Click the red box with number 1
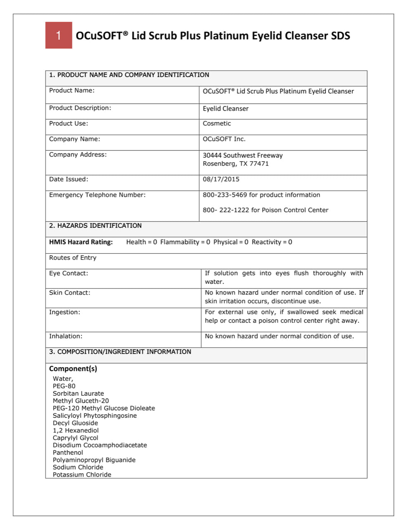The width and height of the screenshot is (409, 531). coord(59,35)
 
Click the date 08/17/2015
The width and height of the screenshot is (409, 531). coord(221,179)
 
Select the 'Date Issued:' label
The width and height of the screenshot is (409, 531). coord(69,179)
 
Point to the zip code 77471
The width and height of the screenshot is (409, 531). coord(259,164)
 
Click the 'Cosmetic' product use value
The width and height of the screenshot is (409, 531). coord(216,124)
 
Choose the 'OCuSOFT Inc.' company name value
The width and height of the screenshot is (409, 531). coord(224,139)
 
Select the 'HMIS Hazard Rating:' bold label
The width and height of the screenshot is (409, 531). coord(81,242)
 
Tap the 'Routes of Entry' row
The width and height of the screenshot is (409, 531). coord(73,258)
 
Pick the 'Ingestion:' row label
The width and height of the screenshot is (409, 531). coord(65,312)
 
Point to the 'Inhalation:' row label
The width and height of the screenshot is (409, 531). coord(66,336)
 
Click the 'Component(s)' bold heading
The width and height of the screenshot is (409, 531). coord(73,369)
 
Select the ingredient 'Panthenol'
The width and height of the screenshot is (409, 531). coord(68,452)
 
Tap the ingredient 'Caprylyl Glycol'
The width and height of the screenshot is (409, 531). coord(76,438)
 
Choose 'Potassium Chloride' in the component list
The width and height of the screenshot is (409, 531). coord(82,475)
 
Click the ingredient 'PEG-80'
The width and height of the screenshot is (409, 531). coord(64,386)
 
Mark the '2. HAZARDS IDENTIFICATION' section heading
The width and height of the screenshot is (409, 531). coord(95,226)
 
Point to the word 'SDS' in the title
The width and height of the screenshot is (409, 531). coord(340,36)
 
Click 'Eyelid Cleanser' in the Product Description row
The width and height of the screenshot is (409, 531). coord(226,109)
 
